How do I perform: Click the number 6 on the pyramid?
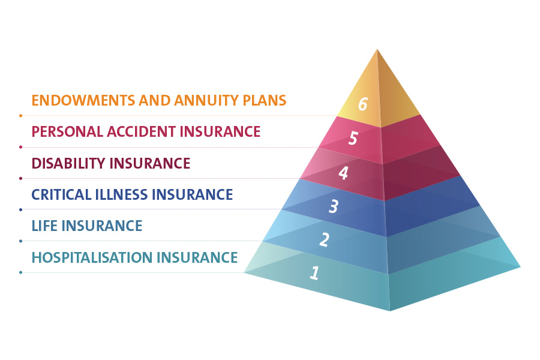click(363, 104)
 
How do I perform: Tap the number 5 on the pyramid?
click(353, 138)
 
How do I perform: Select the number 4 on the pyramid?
click(343, 173)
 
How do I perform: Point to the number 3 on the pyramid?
click(334, 206)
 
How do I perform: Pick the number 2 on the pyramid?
click(325, 239)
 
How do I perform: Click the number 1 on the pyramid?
click(314, 272)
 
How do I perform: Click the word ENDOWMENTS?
click(83, 100)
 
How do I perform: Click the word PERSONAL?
click(67, 131)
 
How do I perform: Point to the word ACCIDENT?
click(141, 131)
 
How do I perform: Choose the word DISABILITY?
click(68, 163)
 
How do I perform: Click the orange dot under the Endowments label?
click(20, 116)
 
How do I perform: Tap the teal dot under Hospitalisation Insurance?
click(20, 272)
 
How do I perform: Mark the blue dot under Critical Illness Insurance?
click(20, 209)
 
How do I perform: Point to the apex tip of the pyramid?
click(377, 49)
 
